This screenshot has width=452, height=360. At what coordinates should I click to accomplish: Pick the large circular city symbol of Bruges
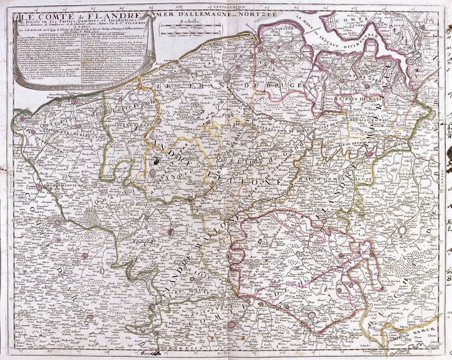pos(227,78)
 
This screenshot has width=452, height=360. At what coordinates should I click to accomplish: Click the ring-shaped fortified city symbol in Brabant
pos(403,230)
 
